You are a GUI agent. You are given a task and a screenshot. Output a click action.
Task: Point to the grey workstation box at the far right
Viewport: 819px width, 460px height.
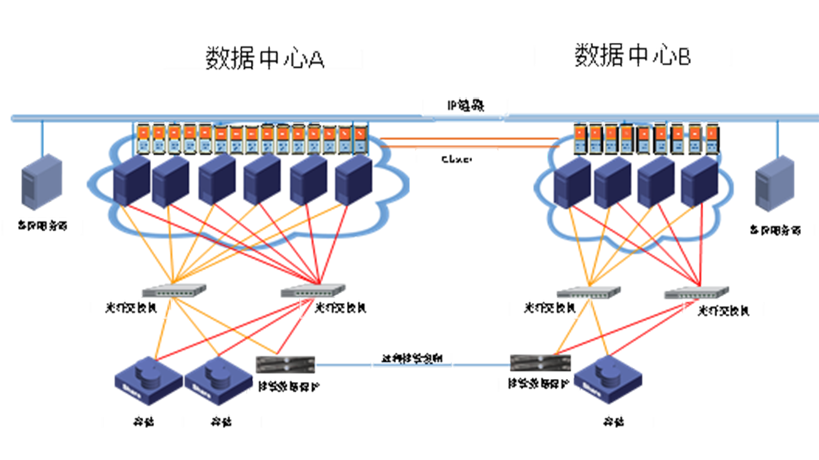click(777, 185)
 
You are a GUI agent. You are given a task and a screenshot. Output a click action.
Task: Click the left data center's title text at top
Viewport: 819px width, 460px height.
click(265, 59)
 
